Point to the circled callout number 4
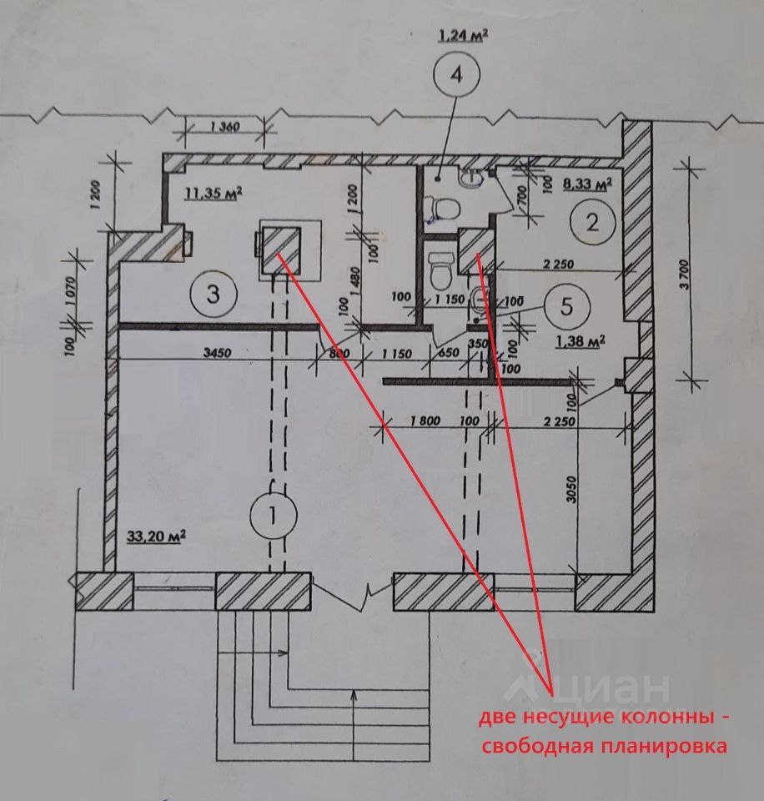(x=455, y=74)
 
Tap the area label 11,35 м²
(x=213, y=194)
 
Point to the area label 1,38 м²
(x=579, y=340)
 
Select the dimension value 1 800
(x=425, y=421)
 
